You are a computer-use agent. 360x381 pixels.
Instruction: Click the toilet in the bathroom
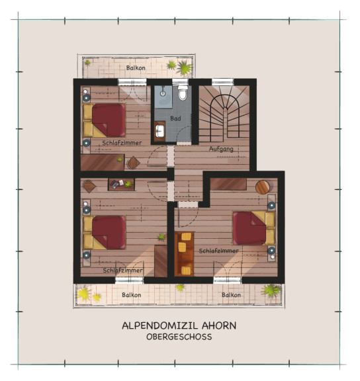click(183, 93)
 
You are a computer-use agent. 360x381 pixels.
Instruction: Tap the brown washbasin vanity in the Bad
click(159, 131)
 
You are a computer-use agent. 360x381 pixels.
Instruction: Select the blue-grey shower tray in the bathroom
click(163, 97)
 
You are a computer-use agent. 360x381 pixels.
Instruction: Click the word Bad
click(175, 118)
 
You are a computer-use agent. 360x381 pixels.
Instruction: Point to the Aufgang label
click(221, 149)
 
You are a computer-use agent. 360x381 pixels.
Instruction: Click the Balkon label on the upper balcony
click(136, 67)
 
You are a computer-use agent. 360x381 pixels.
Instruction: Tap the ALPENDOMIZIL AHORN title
click(179, 325)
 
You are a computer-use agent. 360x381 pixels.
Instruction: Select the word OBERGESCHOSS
click(179, 337)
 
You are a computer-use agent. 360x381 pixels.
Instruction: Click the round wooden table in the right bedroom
click(263, 187)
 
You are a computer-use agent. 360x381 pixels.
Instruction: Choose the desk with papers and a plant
click(121, 185)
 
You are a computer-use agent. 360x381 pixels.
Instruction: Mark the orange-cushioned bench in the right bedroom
click(184, 254)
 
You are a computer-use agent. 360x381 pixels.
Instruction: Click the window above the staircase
click(222, 82)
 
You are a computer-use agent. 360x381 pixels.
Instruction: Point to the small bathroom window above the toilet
click(180, 81)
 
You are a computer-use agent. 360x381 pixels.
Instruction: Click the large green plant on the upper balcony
click(184, 67)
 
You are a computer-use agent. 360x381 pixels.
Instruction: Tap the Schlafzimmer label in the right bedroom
click(218, 251)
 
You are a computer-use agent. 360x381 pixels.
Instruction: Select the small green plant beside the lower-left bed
click(161, 237)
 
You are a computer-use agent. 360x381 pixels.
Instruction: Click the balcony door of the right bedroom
click(228, 280)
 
